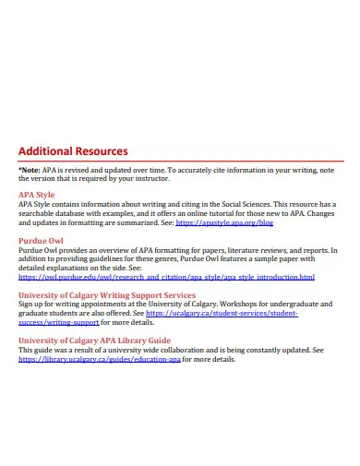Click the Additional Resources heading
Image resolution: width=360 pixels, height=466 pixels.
[73, 151]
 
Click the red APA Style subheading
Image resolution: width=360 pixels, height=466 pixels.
[37, 196]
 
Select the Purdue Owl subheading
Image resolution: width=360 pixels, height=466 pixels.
[40, 240]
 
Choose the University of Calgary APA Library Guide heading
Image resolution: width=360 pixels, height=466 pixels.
[93, 340]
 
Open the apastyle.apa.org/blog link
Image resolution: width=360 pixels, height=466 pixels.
[224, 222]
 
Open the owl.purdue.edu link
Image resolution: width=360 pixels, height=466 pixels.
[166, 277]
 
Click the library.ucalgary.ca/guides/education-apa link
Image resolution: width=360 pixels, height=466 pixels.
[99, 359]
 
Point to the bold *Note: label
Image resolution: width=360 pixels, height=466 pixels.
[30, 169]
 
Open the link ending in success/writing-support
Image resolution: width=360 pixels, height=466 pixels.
[58, 322]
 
